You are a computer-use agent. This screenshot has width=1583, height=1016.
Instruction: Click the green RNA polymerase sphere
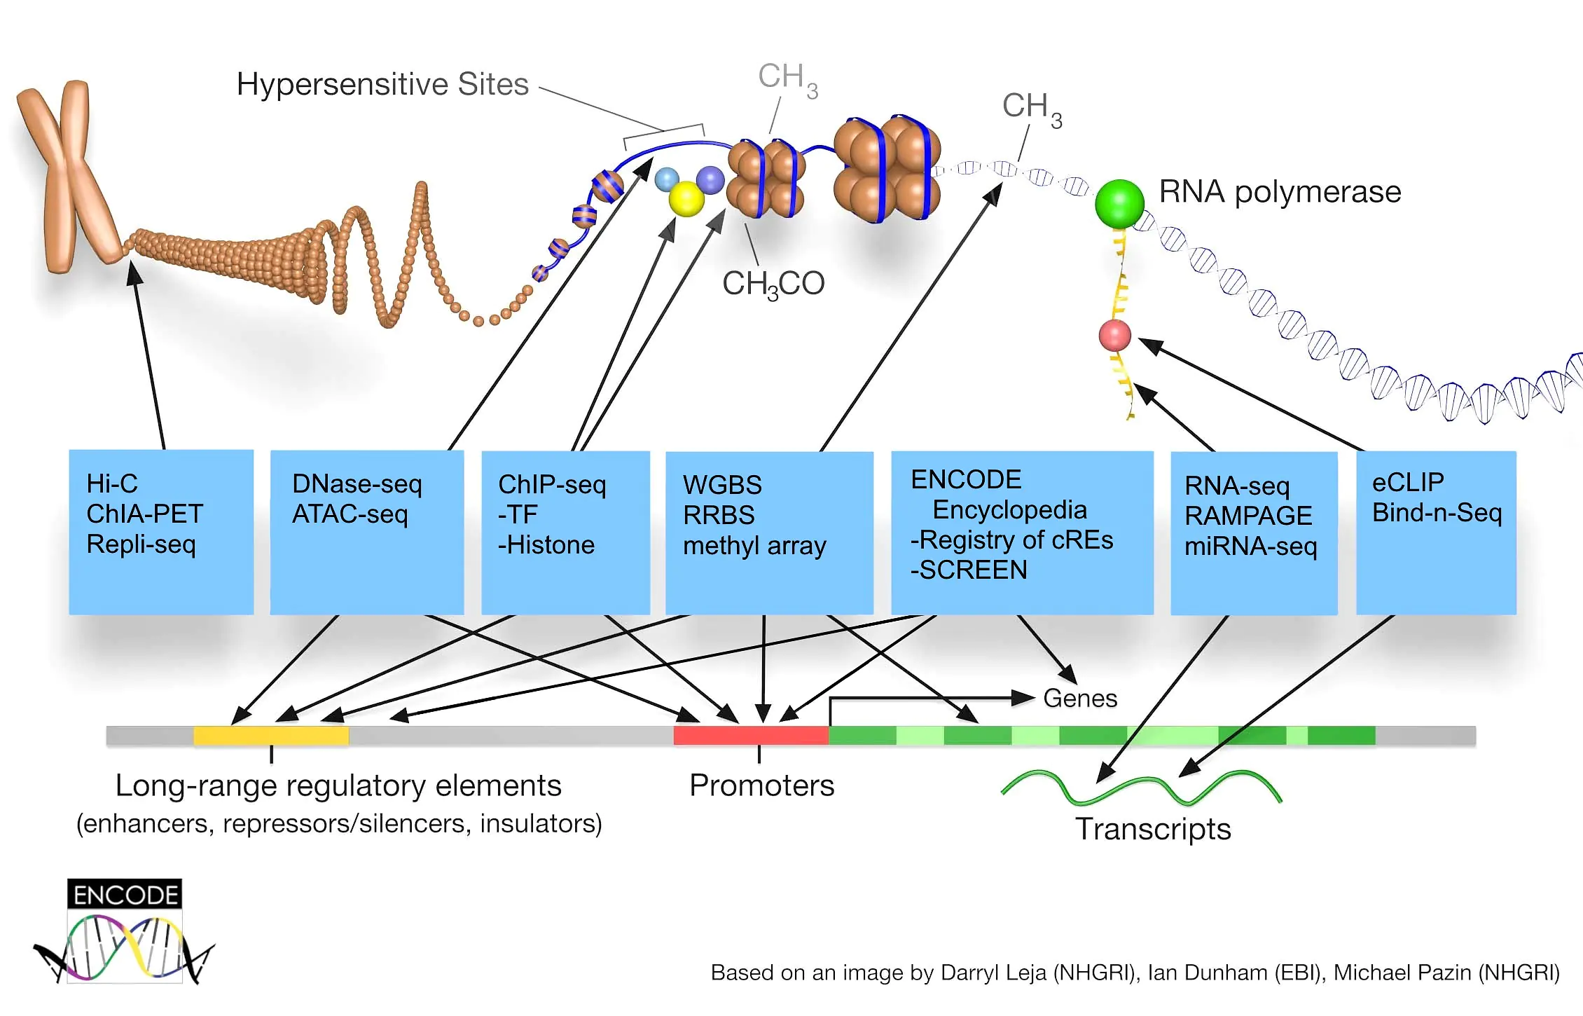click(x=1119, y=203)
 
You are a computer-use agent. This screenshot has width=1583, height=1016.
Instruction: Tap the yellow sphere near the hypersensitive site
click(x=686, y=199)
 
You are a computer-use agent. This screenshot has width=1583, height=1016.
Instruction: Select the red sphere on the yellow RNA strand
click(x=1114, y=336)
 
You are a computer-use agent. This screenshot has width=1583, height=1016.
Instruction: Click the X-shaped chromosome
click(x=68, y=175)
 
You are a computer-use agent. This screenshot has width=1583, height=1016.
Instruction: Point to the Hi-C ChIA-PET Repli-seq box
click(x=161, y=533)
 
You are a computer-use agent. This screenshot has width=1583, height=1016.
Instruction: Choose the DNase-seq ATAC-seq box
click(x=367, y=533)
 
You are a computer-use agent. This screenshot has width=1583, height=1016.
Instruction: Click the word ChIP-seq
click(x=552, y=484)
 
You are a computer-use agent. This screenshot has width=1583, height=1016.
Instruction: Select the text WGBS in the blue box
click(x=722, y=485)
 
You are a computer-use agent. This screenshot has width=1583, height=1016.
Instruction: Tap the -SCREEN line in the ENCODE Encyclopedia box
click(x=969, y=570)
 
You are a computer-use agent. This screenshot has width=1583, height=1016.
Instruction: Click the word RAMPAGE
click(x=1248, y=516)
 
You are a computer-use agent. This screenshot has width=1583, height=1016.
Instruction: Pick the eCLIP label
click(x=1408, y=482)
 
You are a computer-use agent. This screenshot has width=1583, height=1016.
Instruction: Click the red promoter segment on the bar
click(x=751, y=735)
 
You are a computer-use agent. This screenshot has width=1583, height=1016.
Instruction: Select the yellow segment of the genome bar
click(x=271, y=735)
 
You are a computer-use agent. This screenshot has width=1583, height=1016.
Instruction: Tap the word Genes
click(x=1080, y=699)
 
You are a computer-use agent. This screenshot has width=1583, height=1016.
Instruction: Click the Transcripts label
click(x=1153, y=830)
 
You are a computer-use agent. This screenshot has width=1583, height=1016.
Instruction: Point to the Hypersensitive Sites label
click(x=382, y=85)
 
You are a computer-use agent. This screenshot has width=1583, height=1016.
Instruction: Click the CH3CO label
click(x=773, y=284)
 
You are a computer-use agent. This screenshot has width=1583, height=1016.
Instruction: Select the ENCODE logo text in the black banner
click(x=125, y=895)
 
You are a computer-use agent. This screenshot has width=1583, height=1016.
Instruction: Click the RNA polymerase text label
click(x=1280, y=192)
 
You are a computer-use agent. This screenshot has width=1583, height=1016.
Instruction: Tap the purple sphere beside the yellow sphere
click(x=710, y=180)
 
